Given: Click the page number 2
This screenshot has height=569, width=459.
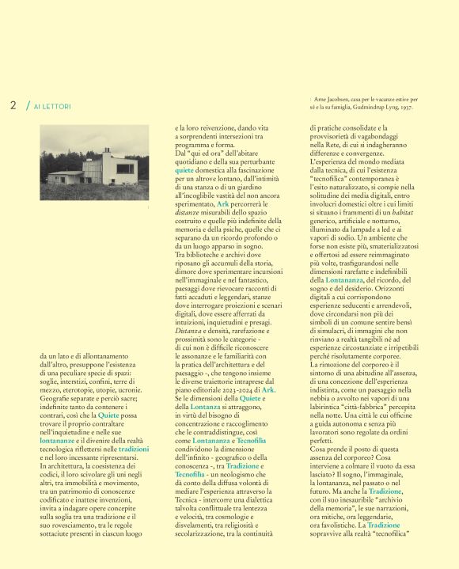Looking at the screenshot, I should [x=13, y=104].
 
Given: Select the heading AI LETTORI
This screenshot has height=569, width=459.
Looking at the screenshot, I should [x=52, y=106].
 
